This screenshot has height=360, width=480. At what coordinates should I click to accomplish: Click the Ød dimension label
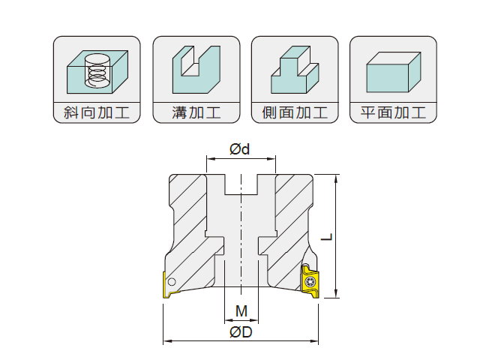[x=240, y=149]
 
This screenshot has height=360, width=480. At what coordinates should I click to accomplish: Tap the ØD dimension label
[x=241, y=332]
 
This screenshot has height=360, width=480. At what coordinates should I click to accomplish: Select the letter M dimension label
[x=241, y=311]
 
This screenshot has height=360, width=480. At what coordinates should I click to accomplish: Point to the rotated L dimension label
[x=327, y=237]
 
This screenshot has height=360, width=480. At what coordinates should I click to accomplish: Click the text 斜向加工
[x=97, y=112]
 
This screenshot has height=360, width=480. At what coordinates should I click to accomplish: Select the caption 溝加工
[x=196, y=112]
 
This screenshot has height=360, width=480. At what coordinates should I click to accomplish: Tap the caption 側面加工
[x=295, y=112]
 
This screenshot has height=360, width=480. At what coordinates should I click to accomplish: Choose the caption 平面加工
[x=393, y=112]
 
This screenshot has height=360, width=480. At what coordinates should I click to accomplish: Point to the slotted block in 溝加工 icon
[x=196, y=70]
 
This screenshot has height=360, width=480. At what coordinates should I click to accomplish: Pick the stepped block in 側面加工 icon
[x=295, y=70]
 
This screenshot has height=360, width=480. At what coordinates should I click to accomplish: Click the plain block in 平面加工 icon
[x=393, y=72]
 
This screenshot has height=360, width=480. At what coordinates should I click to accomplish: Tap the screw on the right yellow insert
[x=310, y=281]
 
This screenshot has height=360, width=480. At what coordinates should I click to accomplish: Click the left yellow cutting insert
[x=167, y=284]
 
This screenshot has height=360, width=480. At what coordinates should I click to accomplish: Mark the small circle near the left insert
[x=172, y=282]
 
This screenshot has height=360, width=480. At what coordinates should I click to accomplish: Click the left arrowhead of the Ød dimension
[x=210, y=158]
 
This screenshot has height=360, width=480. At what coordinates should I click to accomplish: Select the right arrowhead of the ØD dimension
[x=314, y=341]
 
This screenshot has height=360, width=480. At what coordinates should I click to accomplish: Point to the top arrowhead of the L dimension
[x=337, y=178]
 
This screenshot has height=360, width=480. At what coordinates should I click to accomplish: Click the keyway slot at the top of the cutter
[x=241, y=184]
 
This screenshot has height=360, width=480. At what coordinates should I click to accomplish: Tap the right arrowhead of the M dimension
[x=255, y=320]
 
